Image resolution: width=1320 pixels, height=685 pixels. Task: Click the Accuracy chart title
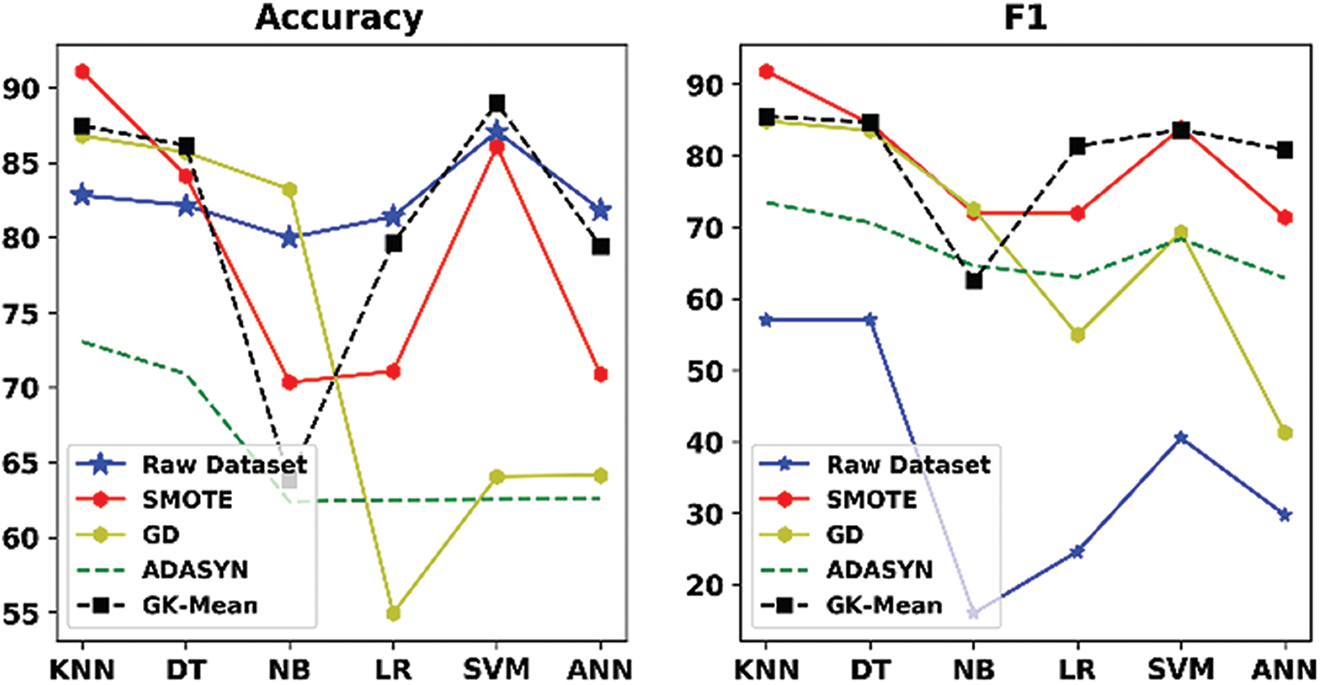click(338, 20)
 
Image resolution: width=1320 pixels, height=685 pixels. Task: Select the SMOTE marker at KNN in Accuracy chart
click(82, 71)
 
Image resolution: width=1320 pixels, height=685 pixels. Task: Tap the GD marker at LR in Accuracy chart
click(394, 613)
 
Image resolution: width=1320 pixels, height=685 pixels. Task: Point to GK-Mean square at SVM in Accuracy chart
click(497, 103)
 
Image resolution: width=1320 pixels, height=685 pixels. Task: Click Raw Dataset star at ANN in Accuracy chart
click(601, 210)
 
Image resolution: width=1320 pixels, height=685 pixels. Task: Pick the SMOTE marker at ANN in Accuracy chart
click(601, 374)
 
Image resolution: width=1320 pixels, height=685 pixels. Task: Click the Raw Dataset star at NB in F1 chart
click(974, 613)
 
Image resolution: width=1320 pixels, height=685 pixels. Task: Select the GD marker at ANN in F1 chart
click(1284, 433)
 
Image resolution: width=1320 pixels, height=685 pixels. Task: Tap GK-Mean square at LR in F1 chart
click(1077, 146)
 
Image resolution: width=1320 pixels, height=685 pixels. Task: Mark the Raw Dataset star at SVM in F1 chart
click(1181, 438)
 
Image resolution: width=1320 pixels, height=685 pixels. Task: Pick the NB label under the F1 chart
click(974, 667)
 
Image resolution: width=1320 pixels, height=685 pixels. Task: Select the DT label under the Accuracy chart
click(186, 667)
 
